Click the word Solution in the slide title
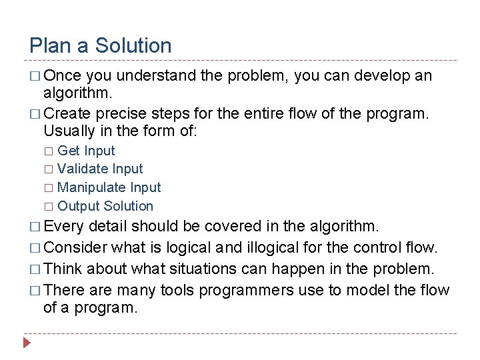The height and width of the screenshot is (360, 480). coord(133,46)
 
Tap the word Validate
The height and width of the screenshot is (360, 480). coord(83,169)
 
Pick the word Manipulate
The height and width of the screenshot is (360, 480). coord(89,188)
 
